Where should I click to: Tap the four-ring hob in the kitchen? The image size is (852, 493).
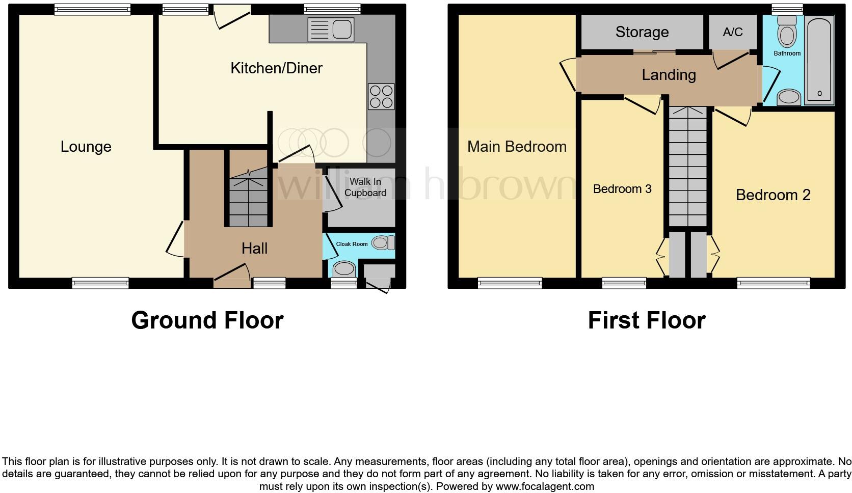pos(381,96)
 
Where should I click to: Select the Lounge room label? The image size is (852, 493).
pos(86,147)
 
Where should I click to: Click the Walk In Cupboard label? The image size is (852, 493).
pos(365,187)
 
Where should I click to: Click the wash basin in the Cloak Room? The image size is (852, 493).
pos(344,269)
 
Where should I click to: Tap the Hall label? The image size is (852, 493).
pos(254,249)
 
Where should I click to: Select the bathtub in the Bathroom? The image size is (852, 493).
pos(819,60)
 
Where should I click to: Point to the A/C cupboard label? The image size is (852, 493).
pos(733,32)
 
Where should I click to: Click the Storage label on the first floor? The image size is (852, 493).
pos(642,32)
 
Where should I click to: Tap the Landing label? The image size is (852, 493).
pos(669,75)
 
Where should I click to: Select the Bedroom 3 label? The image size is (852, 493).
pos(622,189)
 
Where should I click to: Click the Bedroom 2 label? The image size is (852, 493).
pos(773,195)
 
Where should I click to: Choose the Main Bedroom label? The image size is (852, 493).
pos(517,147)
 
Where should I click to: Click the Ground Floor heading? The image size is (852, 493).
pos(207,320)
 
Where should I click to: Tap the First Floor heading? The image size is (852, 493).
pos(646,320)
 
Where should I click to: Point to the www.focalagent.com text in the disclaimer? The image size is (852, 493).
pos(544,486)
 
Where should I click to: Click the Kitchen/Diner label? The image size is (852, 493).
pos(276,68)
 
